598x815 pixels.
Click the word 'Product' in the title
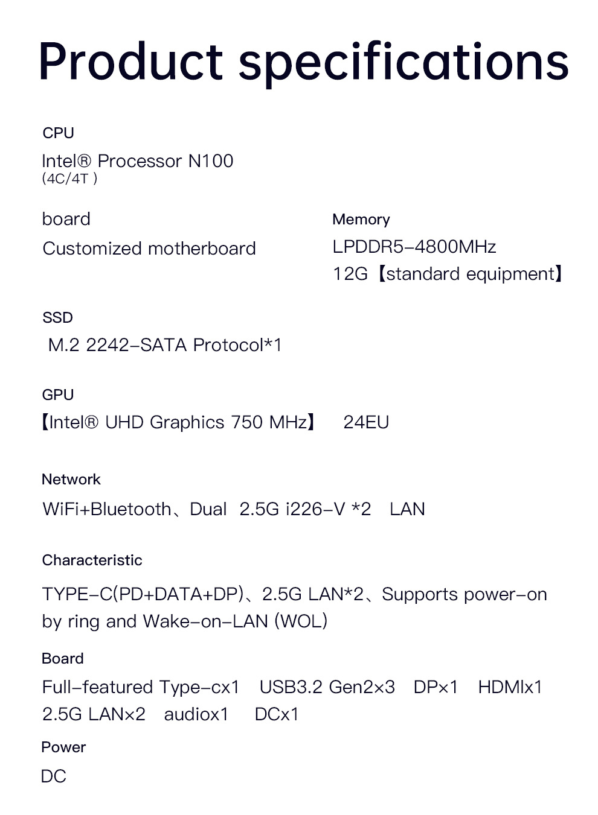pos(130,62)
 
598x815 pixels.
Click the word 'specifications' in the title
pos(403,63)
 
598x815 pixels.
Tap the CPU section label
pos(58,133)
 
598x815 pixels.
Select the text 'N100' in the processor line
pos(210,161)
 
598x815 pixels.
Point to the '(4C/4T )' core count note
pos(69,179)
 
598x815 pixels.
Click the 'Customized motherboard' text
pos(149,249)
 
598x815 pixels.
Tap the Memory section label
pos(361,220)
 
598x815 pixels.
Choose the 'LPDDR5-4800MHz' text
pos(414,247)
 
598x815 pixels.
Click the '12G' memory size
pos(350,274)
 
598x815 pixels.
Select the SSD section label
pos(57,317)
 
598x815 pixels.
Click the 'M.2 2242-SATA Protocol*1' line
pos(164,345)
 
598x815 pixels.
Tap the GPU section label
pos(58,395)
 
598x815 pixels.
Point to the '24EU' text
pos(366,422)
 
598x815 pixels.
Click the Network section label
pos(71,480)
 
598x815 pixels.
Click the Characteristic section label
pos(92,560)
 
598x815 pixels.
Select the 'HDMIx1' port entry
pos(510,687)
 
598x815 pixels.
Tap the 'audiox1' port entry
pos(196,714)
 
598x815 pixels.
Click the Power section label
pos(63,747)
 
